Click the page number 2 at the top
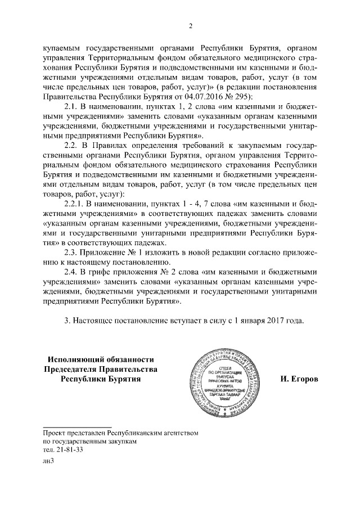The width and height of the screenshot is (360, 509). [191, 26]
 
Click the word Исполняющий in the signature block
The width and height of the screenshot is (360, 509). [75, 359]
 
